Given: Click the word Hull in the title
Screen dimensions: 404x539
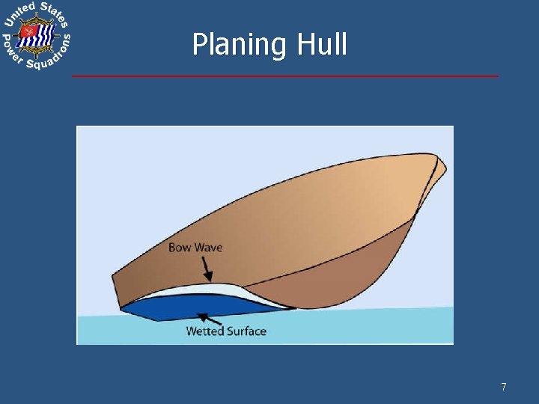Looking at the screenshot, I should [x=322, y=44].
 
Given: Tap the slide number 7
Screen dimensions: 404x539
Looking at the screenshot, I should [x=504, y=387].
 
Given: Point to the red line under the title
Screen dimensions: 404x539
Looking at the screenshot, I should [x=284, y=76].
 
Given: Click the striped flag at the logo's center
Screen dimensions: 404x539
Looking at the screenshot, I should [x=37, y=34].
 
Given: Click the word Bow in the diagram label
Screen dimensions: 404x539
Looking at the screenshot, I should [x=180, y=247].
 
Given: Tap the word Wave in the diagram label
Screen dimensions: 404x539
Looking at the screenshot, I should [x=209, y=247].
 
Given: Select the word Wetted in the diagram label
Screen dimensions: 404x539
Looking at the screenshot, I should [x=203, y=331].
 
